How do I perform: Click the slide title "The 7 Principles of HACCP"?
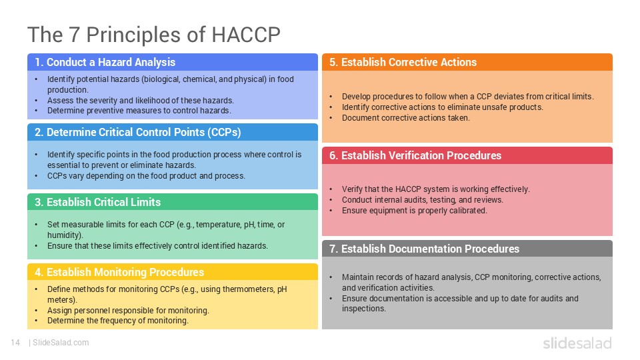(153, 34)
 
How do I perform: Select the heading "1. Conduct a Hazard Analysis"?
(105, 62)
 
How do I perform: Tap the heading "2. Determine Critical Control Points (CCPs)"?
(138, 132)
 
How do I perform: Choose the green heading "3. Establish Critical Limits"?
(98, 202)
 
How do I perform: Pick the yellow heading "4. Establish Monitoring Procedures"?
(119, 272)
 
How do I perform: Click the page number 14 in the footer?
(15, 343)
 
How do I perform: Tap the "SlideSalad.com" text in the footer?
(61, 343)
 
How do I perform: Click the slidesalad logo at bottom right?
(577, 343)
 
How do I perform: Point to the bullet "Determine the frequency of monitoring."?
(117, 321)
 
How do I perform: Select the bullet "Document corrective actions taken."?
(405, 118)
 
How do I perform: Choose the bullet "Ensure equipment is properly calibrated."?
(414, 211)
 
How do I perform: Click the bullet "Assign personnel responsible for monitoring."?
(128, 311)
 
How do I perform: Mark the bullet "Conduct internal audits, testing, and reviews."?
(422, 200)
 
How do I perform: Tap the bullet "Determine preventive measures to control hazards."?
(139, 111)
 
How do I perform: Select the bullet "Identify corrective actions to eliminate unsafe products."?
(442, 107)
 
